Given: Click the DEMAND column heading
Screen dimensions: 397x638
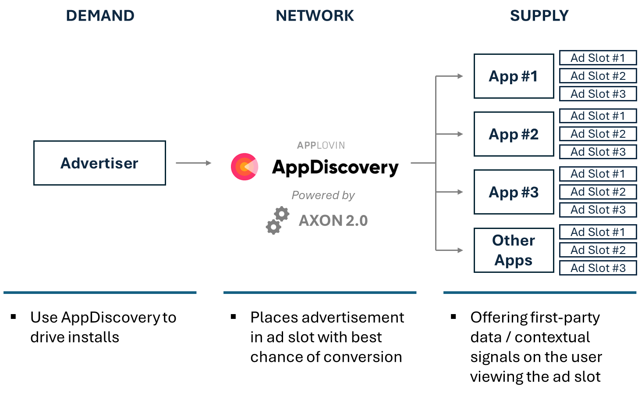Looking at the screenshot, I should pyautogui.click(x=100, y=16).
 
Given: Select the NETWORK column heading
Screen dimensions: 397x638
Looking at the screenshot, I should pyautogui.click(x=315, y=16).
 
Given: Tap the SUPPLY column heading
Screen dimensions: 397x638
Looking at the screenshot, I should pyautogui.click(x=539, y=16).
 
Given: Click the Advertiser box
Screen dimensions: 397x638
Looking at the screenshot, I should pyautogui.click(x=99, y=163).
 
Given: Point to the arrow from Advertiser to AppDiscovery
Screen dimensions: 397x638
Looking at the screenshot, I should pyautogui.click(x=193, y=163).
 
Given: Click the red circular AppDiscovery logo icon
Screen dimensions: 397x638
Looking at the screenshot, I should pyautogui.click(x=245, y=167).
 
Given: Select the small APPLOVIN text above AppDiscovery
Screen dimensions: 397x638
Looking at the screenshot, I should pyautogui.click(x=321, y=146).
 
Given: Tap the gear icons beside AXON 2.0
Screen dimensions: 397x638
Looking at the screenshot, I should pyautogui.click(x=277, y=221).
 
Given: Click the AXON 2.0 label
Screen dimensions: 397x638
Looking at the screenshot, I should pyautogui.click(x=333, y=221).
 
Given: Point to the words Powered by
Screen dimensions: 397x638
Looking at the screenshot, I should pyautogui.click(x=323, y=195).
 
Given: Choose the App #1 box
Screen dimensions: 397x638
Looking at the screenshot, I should pyautogui.click(x=514, y=76).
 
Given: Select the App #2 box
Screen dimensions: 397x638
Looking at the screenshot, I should pyautogui.click(x=514, y=134).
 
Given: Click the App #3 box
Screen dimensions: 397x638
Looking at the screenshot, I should pyautogui.click(x=514, y=192).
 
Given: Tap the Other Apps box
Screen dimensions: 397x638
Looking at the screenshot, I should pyautogui.click(x=514, y=250).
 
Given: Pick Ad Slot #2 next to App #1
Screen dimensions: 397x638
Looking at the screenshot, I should pyautogui.click(x=598, y=76).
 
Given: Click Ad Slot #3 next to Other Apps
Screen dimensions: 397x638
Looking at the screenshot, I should pyautogui.click(x=598, y=268).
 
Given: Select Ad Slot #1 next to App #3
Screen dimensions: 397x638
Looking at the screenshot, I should pyautogui.click(x=598, y=174).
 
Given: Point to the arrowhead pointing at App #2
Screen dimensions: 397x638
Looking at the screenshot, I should pyautogui.click(x=460, y=134).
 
